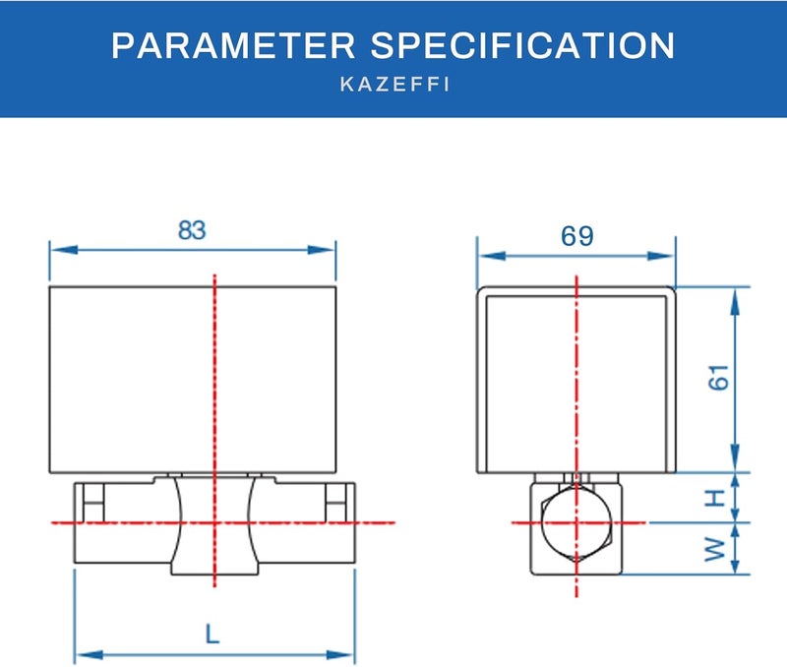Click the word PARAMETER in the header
coord(233,45)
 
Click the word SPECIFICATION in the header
coord(523,45)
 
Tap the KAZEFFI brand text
coord(394,85)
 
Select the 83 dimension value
coord(192,230)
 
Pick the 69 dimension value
coord(577,236)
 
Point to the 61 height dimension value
coord(718,378)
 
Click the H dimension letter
coord(716,498)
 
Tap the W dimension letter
coord(715,549)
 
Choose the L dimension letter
coord(212,635)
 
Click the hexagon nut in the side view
coord(576,522)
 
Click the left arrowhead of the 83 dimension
coord(64,250)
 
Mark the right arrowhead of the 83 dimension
coord(322,250)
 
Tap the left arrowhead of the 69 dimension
coord(492,256)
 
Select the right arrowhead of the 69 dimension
coord(660,256)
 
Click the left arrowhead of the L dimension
coord(90,655)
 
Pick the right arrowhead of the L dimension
coord(340,655)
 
